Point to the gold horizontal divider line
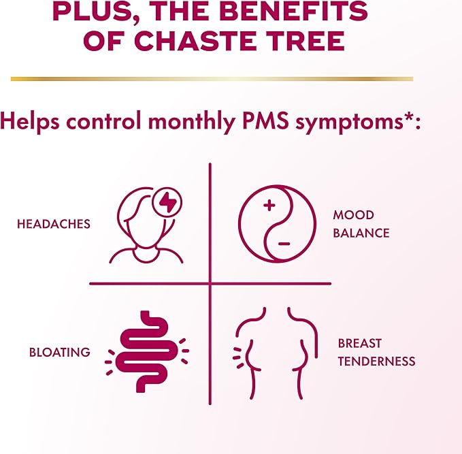pyautogui.click(x=212, y=79)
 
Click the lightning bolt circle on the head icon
pyautogui.click(x=167, y=202)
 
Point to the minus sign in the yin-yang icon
pyautogui.click(x=284, y=243)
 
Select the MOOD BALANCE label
pyautogui.click(x=361, y=224)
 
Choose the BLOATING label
pyautogui.click(x=60, y=352)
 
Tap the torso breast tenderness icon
pyautogui.click(x=275, y=352)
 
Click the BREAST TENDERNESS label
pyautogui.click(x=376, y=352)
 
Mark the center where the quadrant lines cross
pyautogui.click(x=210, y=283)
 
